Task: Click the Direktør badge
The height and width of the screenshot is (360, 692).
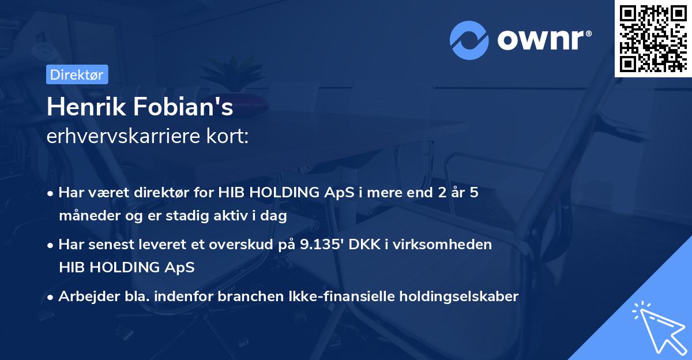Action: pos(76,74)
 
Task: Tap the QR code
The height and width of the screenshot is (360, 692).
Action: pos(652,38)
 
